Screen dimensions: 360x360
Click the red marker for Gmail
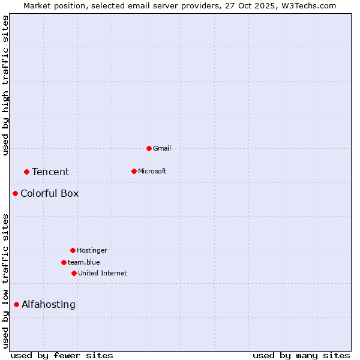pos(149,148)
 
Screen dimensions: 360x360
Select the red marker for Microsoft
pos(134,171)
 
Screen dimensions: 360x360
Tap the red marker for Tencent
pos(26,172)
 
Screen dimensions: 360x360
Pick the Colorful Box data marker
pos(15,193)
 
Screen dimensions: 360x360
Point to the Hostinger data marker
pos(73,250)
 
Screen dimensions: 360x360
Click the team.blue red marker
pos(64,262)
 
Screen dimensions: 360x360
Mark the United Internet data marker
pos(74,273)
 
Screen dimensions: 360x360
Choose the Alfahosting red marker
pos(16,304)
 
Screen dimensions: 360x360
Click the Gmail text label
pos(162,148)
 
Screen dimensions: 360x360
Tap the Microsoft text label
pos(152,171)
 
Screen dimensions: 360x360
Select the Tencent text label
pos(50,172)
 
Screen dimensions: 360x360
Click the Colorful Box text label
pos(49,193)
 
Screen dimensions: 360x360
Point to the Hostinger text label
pos(92,250)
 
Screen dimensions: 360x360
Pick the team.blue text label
pos(84,262)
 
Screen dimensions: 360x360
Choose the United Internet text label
pos(103,273)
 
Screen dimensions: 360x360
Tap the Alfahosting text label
pos(49,304)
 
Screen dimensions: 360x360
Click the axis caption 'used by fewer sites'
pos(62,355)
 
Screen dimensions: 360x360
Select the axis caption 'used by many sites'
pos(301,355)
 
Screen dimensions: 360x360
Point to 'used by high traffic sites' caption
pos(5,85)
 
